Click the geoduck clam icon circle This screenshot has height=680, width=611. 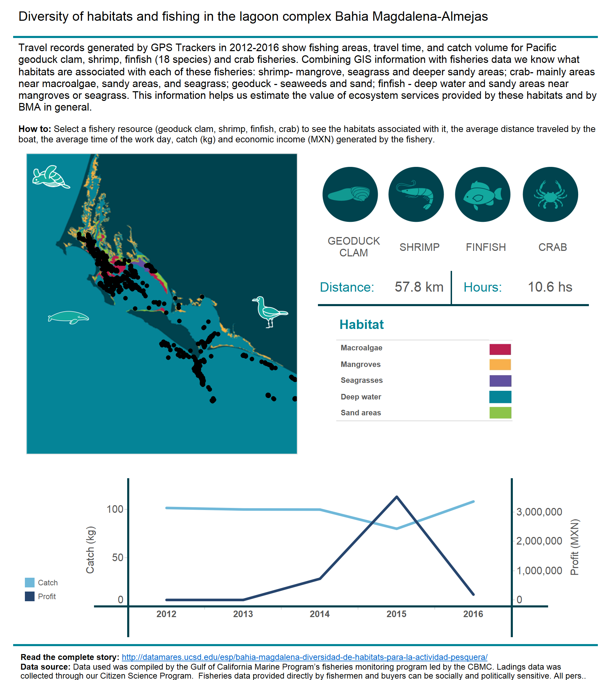pyautogui.click(x=350, y=195)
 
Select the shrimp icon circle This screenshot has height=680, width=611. pyautogui.click(x=416, y=195)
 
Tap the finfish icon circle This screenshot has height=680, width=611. pyautogui.click(x=483, y=195)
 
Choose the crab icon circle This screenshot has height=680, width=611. pyautogui.click(x=551, y=195)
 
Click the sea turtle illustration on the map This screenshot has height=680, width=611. pyautogui.click(x=51, y=177)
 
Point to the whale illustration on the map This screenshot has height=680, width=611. pyautogui.click(x=68, y=317)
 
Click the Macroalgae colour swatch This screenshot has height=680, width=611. pyautogui.click(x=500, y=349)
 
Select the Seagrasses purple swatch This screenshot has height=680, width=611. pyautogui.click(x=500, y=381)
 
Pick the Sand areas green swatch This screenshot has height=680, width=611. pyautogui.click(x=500, y=413)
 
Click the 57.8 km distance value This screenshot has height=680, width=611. pyautogui.click(x=419, y=287)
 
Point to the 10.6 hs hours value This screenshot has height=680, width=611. pyautogui.click(x=550, y=287)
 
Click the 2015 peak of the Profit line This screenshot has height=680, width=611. pyautogui.click(x=397, y=497)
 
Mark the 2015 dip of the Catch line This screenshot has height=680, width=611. pyautogui.click(x=397, y=529)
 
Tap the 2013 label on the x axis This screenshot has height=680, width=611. pyautogui.click(x=243, y=614)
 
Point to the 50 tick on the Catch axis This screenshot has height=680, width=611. pyautogui.click(x=118, y=557)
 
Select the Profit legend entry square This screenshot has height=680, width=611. pyautogui.click(x=30, y=596)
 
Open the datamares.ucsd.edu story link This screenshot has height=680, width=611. pyautogui.click(x=304, y=657)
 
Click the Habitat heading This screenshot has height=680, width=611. pyautogui.click(x=361, y=324)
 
